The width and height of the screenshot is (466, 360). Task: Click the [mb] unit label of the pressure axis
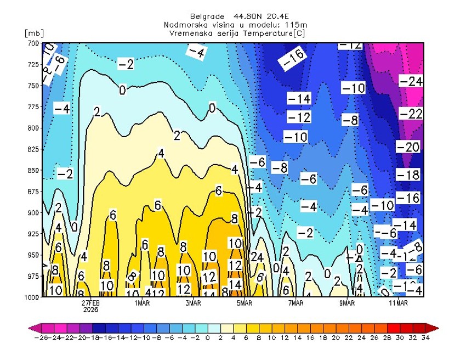(34, 33)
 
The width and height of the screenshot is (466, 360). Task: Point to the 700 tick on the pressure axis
(33, 43)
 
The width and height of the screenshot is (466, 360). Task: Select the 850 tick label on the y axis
(33, 170)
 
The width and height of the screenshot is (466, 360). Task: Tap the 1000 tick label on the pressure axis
(32, 297)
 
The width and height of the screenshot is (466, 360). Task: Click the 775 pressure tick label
(33, 107)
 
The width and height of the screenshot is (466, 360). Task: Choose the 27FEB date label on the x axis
(91, 302)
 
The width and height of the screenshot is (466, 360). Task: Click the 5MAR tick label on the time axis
(245, 302)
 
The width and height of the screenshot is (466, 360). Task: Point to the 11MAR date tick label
(398, 302)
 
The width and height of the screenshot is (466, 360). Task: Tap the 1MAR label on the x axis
(142, 302)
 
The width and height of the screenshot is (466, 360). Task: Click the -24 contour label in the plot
(411, 81)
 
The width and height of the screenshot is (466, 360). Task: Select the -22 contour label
(411, 114)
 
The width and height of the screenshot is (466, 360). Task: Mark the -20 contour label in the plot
(408, 147)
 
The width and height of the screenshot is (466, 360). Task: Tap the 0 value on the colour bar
(207, 338)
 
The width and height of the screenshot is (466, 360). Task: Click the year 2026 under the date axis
(91, 309)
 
